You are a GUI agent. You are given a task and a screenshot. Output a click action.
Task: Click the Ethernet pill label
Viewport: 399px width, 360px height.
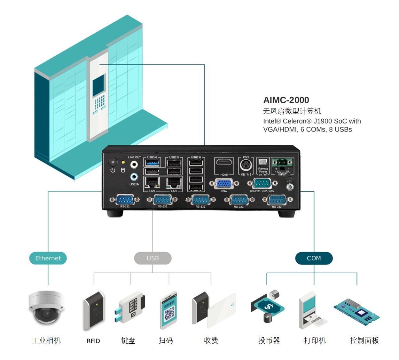[48, 258]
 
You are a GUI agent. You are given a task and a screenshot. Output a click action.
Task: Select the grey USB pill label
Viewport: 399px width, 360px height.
[153, 258]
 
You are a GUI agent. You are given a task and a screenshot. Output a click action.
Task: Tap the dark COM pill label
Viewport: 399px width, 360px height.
[314, 258]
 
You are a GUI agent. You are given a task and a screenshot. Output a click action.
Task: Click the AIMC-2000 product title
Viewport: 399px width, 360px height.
[286, 100]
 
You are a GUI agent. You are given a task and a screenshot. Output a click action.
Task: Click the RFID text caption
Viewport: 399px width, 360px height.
[93, 341]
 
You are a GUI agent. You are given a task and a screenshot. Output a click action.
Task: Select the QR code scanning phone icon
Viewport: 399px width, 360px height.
[169, 310]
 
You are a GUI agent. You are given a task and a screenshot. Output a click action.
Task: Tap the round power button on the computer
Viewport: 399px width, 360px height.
[113, 162]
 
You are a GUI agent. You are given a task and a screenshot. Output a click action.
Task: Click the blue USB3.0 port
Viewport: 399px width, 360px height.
[152, 163]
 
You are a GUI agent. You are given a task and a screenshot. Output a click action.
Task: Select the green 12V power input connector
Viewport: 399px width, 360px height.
[282, 163]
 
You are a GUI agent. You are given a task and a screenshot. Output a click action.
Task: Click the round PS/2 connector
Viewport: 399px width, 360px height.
[246, 165]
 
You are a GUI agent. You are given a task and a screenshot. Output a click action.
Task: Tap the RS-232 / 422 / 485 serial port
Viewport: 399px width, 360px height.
[262, 184]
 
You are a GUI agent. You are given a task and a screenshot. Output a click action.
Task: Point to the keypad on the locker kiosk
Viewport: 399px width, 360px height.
[99, 102]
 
